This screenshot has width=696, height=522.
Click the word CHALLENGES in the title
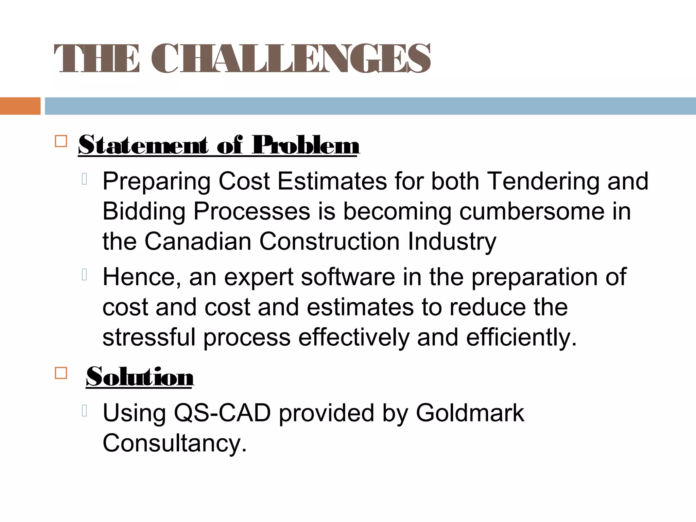pos(291,58)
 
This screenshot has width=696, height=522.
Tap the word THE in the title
pos(97,58)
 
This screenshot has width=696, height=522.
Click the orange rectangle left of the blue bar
pos(20,106)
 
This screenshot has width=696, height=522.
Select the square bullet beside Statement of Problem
pos(61,141)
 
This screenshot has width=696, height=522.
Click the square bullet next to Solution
pos(61,373)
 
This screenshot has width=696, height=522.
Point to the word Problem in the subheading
pos(306,145)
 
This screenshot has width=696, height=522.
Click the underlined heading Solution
pos(140,377)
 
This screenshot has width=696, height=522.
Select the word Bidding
pos(144,212)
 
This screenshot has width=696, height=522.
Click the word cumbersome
pos(532,212)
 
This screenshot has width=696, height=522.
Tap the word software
pos(348,277)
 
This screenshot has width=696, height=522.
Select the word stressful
pos(149,337)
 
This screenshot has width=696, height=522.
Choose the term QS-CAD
pos(222,413)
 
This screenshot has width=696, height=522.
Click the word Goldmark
pos(470,413)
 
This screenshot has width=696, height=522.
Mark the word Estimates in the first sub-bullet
pos(332,181)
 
